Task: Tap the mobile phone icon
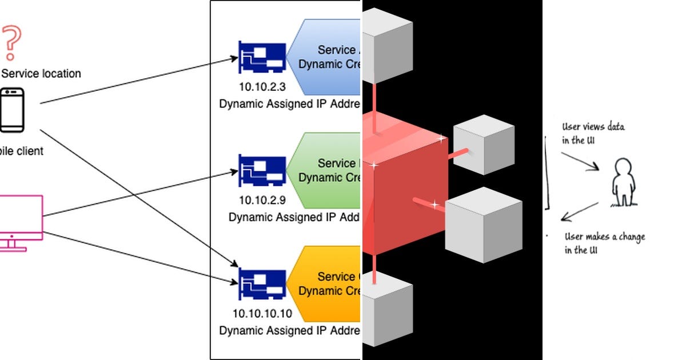pyautogui.click(x=12, y=110)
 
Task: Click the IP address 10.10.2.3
pyautogui.click(x=262, y=87)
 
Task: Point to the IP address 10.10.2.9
pyautogui.click(x=262, y=201)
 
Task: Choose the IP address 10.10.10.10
pyautogui.click(x=262, y=313)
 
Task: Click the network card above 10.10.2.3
pyautogui.click(x=262, y=57)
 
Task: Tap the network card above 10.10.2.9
pyautogui.click(x=262, y=170)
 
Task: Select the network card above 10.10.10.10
pyautogui.click(x=262, y=283)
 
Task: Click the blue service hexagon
pyautogui.click(x=326, y=57)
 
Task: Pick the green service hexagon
pyautogui.click(x=326, y=170)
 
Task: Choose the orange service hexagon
pyautogui.click(x=326, y=283)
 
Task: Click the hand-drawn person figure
pyautogui.click(x=623, y=183)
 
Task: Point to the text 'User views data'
pyautogui.click(x=593, y=127)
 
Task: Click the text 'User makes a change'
pyautogui.click(x=604, y=237)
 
